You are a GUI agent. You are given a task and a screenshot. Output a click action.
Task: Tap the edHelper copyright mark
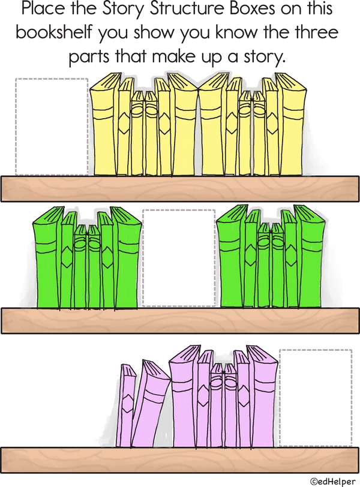point(332,481)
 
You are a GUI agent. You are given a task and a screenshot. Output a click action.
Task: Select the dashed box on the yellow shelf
point(52,127)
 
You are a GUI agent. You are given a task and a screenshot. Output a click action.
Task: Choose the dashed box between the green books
point(179,258)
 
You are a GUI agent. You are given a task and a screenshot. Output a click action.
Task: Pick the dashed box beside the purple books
point(316,398)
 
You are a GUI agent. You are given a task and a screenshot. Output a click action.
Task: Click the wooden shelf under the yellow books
point(180,189)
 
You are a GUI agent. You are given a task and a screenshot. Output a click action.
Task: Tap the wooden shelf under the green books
point(180,321)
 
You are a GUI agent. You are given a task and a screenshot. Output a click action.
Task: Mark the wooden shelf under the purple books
point(180,460)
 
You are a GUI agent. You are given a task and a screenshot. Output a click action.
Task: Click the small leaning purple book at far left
point(125,405)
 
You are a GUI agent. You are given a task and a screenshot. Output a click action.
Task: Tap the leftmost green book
point(47,258)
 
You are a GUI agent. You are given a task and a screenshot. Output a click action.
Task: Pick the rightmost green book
point(309,257)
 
